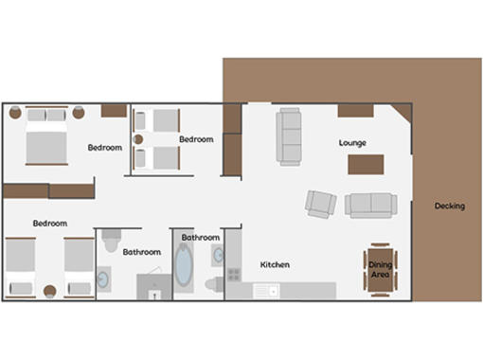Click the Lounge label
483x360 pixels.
[x=352, y=143]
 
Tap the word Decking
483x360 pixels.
[x=449, y=206]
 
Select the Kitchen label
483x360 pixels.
[x=275, y=264]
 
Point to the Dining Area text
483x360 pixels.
[x=380, y=270]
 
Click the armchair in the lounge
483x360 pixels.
[x=320, y=203]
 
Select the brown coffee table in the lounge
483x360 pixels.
[x=366, y=165]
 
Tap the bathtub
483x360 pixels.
[x=184, y=265]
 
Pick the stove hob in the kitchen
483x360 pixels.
[x=233, y=276]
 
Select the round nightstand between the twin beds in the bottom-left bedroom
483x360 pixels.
[x=50, y=290]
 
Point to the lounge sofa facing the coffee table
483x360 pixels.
[x=370, y=205]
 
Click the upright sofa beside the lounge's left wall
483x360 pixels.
[x=289, y=135]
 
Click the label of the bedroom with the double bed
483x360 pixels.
[x=104, y=148]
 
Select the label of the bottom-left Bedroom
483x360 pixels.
[x=49, y=224]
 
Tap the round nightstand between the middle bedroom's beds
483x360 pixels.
[x=139, y=139]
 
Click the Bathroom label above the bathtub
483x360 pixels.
[x=201, y=238]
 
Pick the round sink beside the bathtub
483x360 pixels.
[x=218, y=253]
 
